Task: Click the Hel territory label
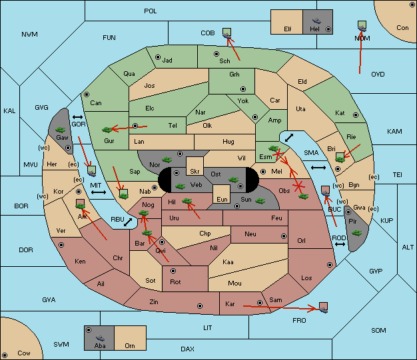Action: tap(314, 29)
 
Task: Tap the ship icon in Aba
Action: tap(101, 338)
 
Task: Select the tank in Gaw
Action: tap(61, 130)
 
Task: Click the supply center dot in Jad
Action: tap(158, 57)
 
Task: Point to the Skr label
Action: tap(195, 172)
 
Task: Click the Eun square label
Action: tap(222, 199)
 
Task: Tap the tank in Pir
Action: tap(356, 233)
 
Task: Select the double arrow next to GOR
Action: tap(78, 117)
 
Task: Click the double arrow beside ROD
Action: tap(340, 244)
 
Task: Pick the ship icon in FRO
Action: tap(323, 309)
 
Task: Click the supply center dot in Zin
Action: tap(200, 306)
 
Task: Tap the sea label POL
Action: tap(151, 11)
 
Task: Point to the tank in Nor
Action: tap(167, 160)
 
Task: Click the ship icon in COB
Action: tap(227, 36)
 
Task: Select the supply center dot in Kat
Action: tap(356, 115)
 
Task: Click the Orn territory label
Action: tap(130, 345)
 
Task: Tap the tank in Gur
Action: tap(107, 130)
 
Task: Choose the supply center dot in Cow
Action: tap(5, 355)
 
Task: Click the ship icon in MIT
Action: tap(92, 173)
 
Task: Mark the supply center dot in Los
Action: tap(330, 265)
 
